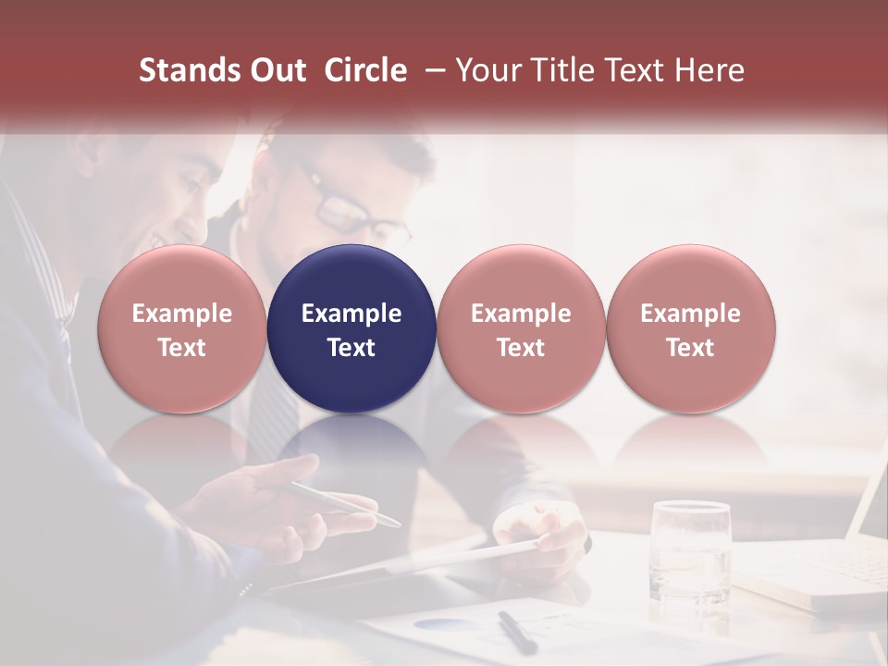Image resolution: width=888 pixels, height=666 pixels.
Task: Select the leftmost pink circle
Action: pos(181,328)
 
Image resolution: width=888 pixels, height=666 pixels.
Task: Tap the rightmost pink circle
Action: pos(690,328)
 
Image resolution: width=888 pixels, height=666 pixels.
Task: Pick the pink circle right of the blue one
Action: pos(521,328)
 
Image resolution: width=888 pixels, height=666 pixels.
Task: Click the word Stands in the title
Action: pos(187,70)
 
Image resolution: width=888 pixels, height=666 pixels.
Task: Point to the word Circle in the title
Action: pos(365,70)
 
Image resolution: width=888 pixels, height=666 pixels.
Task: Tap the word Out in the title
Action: pos(275,70)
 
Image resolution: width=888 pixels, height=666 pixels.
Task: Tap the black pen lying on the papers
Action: pos(517,631)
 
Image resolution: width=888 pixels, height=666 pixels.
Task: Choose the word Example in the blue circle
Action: pos(351,314)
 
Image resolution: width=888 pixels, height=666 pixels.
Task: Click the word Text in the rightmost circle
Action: pos(690,348)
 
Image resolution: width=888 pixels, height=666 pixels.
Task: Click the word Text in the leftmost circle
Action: pos(181,348)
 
